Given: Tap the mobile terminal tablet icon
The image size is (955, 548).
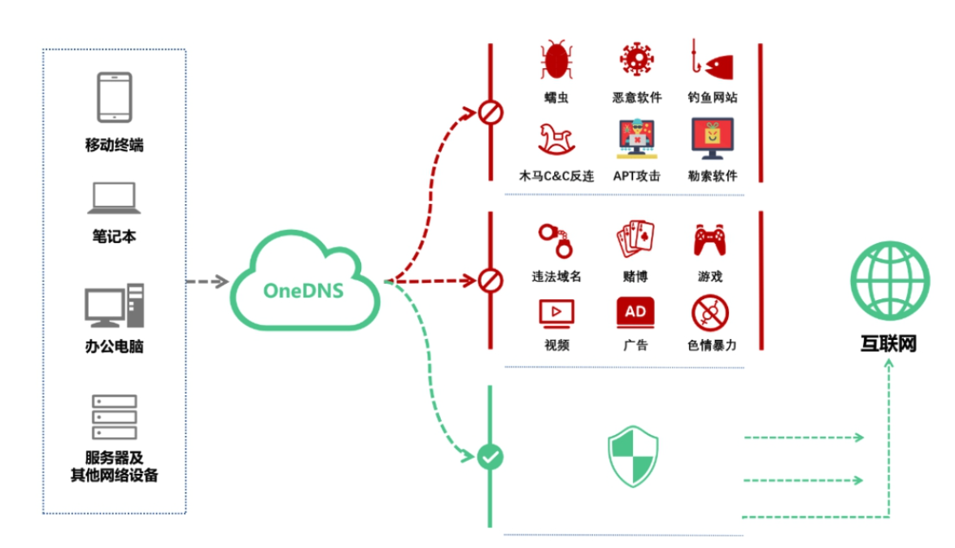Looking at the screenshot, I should [114, 98].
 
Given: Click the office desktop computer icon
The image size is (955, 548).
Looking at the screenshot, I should [114, 306].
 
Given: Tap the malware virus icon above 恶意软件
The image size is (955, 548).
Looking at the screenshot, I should [637, 61].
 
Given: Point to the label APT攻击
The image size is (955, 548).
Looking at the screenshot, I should [636, 176].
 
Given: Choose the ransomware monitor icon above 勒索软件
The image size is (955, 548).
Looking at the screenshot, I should [712, 139].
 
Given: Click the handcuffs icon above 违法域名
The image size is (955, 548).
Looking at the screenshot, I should [556, 239].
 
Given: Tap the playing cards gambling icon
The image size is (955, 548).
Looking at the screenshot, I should [635, 240].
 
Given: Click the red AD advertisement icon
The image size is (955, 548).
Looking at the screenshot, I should [635, 312].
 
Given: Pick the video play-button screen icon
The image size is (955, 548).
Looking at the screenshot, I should [556, 312].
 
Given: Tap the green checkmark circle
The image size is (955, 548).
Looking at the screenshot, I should [490, 456].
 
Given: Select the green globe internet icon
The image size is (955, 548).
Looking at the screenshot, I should [889, 282].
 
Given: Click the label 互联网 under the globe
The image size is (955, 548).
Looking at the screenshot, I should [889, 344].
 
